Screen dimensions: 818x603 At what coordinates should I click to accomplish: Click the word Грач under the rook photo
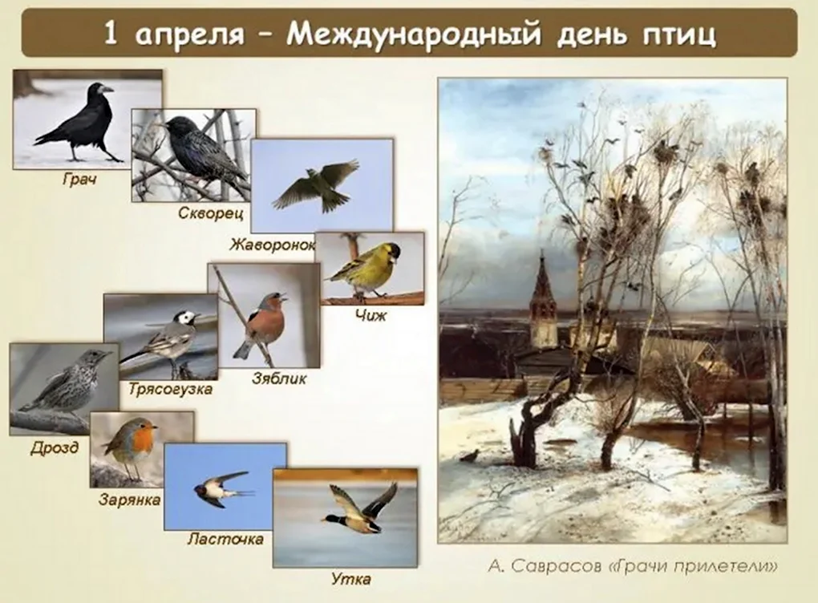(x=80, y=180)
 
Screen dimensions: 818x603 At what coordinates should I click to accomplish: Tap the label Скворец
(x=211, y=212)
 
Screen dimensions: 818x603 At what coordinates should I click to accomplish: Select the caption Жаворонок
(x=273, y=244)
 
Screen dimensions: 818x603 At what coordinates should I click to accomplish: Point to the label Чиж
(x=371, y=315)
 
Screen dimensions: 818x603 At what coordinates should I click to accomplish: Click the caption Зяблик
(x=279, y=378)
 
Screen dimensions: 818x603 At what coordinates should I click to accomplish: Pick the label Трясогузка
(x=171, y=389)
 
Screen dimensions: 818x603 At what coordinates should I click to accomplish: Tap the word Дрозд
(x=55, y=447)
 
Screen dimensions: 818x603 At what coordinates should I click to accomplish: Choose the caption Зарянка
(x=129, y=500)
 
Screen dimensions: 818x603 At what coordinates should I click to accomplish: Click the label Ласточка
(x=225, y=538)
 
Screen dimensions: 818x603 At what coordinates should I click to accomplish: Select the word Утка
(x=351, y=579)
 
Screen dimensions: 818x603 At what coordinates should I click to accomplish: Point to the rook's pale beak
(x=106, y=89)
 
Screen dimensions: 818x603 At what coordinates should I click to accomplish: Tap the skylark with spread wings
(x=315, y=185)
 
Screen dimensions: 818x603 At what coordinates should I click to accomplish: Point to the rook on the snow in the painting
(x=469, y=456)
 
